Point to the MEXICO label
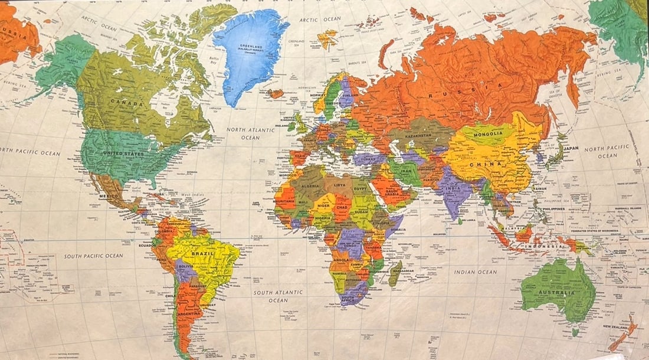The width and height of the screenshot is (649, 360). coord(109,195)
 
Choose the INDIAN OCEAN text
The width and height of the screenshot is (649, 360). coord(476,272)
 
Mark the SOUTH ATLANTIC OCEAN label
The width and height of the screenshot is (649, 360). coord(278,296)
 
